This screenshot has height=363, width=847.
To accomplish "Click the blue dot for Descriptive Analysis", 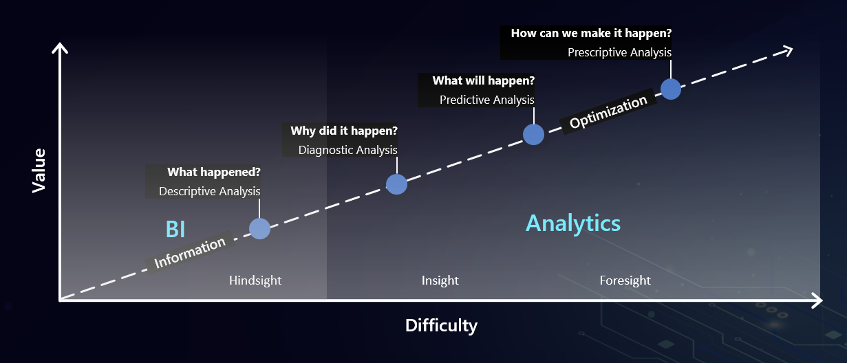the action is click(x=260, y=228).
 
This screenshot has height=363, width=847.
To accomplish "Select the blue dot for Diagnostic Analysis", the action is click(x=396, y=184).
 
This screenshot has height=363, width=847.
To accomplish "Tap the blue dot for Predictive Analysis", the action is click(x=533, y=135).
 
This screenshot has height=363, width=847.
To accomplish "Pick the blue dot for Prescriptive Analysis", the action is click(x=671, y=89).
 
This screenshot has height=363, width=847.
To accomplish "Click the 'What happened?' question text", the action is click(x=214, y=173).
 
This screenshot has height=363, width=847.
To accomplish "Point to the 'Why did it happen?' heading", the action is click(x=344, y=131).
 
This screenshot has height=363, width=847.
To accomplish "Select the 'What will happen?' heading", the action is click(x=484, y=81).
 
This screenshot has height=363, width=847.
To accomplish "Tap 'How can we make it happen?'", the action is click(x=592, y=33).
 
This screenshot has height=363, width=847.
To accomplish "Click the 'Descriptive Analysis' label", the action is click(x=209, y=192).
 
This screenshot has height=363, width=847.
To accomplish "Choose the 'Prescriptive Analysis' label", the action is click(x=620, y=52).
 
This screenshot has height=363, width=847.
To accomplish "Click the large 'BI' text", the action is click(x=175, y=230).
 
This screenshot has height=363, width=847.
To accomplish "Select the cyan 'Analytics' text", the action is click(x=573, y=223).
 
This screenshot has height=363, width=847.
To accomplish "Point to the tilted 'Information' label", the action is click(x=190, y=253).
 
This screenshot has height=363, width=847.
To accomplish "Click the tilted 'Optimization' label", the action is click(x=608, y=111).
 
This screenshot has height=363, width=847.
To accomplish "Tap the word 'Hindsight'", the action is click(x=255, y=280).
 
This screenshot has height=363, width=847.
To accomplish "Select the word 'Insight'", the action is click(x=440, y=280).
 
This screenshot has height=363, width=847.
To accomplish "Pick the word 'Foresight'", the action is click(x=625, y=280).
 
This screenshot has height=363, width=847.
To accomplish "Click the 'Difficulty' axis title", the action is click(x=441, y=326).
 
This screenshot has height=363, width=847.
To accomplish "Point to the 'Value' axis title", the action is click(x=39, y=170).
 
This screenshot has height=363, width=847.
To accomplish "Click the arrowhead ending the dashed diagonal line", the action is click(x=787, y=51).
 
